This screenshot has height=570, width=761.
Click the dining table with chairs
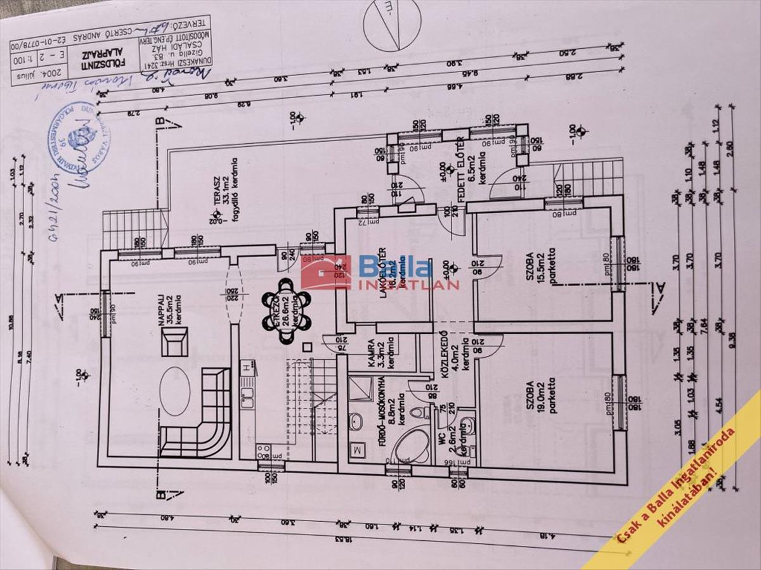[x=286, y=310]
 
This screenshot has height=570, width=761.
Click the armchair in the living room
[x=174, y=346]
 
